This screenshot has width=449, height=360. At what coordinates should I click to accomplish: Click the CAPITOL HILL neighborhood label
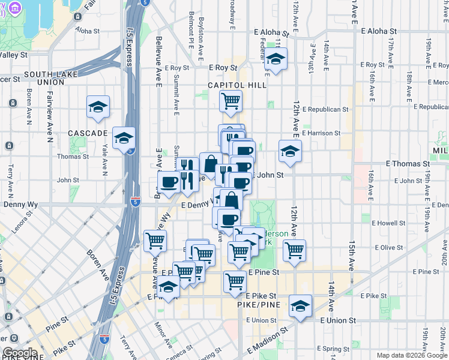click(x=237, y=85)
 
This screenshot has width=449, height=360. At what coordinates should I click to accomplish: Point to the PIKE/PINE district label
click(x=256, y=305)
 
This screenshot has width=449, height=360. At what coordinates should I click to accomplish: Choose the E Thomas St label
click(x=408, y=163)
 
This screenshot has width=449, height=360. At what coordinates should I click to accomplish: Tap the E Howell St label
click(x=389, y=223)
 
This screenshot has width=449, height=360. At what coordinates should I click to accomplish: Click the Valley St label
click(x=14, y=55)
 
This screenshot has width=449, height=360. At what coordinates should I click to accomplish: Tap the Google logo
click(x=19, y=353)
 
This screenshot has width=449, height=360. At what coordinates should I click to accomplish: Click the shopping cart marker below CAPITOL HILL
click(x=231, y=101)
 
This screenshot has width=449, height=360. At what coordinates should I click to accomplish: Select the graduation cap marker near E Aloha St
click(x=276, y=59)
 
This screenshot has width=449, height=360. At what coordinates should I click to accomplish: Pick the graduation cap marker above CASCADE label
click(x=98, y=107)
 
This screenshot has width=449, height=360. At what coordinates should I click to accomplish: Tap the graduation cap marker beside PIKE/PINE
click(x=300, y=306)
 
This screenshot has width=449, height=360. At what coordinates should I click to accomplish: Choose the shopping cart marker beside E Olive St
click(x=294, y=250)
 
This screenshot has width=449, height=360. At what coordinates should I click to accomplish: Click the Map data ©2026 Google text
click(x=411, y=355)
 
